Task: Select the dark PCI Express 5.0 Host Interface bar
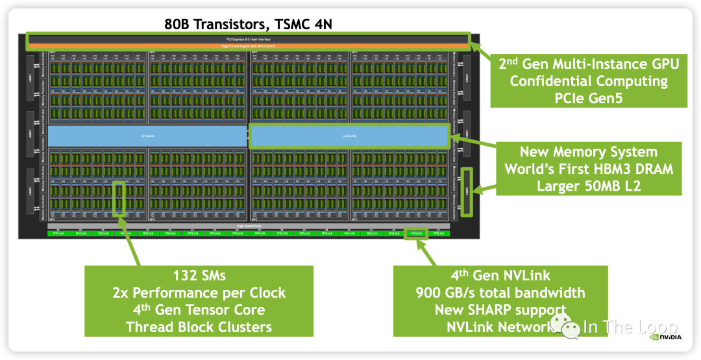tap(248, 39)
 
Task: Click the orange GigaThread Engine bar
tap(248, 46)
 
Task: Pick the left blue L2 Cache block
tap(147, 136)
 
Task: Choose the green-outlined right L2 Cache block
tap(349, 136)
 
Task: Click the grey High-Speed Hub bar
tap(248, 226)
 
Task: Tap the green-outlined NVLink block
tap(416, 233)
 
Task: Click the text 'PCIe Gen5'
tap(588, 98)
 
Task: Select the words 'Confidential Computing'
tap(588, 81)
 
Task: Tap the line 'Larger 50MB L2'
tap(588, 186)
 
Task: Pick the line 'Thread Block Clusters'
tap(199, 326)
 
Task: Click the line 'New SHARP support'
tap(500, 309)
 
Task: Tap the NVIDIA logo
tap(665, 337)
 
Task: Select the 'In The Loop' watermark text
tap(630, 327)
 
